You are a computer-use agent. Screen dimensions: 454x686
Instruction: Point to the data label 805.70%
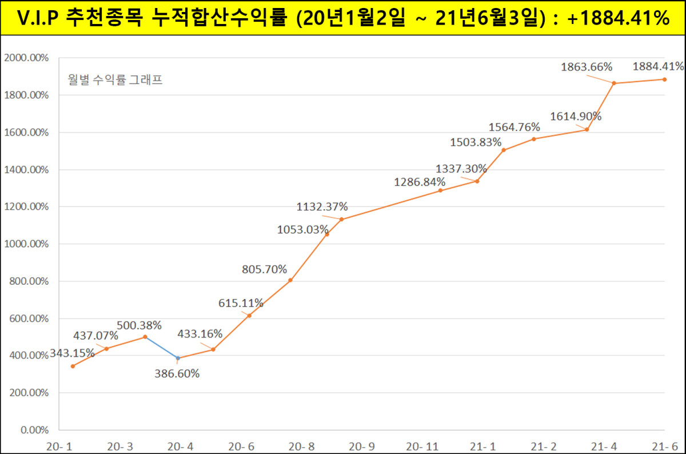pos(264,269)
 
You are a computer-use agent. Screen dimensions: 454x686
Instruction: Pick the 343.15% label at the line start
pos(72,353)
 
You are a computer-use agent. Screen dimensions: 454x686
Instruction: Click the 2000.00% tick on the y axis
pos(26,58)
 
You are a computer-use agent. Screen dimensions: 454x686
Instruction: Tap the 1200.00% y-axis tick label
pos(26,207)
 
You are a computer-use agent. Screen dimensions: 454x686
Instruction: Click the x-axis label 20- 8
pos(301,445)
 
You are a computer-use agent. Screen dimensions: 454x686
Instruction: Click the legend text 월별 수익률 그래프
pos(115,79)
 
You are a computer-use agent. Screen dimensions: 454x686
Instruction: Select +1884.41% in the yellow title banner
pos(619,18)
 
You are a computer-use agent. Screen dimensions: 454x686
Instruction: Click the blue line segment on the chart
pos(161,348)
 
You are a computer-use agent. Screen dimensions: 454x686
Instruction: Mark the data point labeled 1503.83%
pos(504,150)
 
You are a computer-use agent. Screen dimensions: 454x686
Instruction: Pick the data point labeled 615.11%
pos(249,315)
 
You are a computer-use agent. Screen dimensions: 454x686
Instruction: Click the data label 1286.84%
pos(420,182)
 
